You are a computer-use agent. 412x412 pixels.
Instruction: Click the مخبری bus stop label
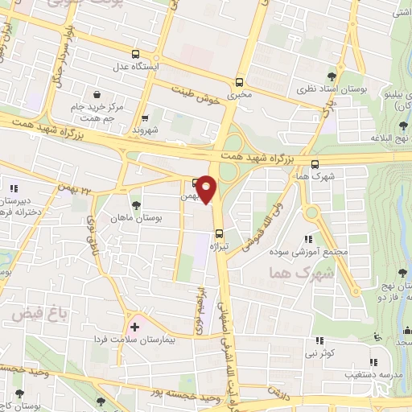click(x=239, y=94)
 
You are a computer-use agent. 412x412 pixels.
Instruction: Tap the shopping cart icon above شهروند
click(x=146, y=117)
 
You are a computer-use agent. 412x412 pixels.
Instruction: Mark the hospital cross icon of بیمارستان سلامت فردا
click(x=134, y=328)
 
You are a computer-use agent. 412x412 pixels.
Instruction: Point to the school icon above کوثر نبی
click(x=319, y=340)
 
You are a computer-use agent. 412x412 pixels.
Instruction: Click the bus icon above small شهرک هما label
click(x=314, y=164)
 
